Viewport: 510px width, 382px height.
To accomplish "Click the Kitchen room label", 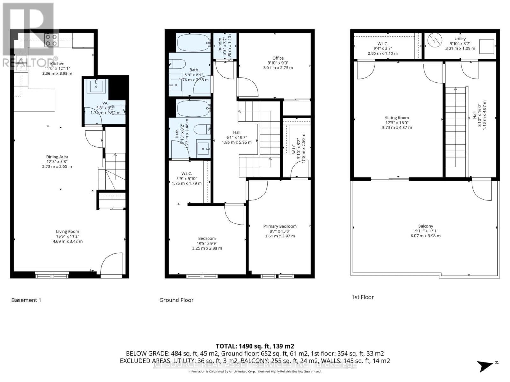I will coord(57,64).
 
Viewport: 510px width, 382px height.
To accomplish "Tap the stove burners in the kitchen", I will coord(51,40).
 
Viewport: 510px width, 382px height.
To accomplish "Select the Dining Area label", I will coord(57,157).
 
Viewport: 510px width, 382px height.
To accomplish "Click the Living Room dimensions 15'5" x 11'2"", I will coord(67,237).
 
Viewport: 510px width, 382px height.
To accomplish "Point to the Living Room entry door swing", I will coord(112,264).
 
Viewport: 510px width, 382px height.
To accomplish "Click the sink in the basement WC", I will coord(96,86).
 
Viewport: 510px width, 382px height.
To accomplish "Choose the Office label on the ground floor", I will coord(278,58).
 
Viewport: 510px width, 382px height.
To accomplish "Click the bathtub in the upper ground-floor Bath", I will coord(193,43).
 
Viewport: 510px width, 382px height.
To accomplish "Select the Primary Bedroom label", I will coord(280,226).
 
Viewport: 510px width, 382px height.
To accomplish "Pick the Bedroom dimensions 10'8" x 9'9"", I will coord(207,243).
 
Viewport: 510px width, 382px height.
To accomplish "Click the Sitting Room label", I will coord(397,118).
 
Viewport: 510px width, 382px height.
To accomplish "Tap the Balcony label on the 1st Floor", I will coord(425,226).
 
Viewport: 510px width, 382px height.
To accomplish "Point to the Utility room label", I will coord(460,39).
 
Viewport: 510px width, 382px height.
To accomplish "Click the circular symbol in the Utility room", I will coord(434,40).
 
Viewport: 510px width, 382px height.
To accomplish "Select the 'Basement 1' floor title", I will coord(26,300).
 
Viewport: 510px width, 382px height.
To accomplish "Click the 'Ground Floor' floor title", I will coord(176,300).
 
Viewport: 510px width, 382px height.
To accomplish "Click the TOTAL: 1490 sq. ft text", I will coord(255,346).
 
